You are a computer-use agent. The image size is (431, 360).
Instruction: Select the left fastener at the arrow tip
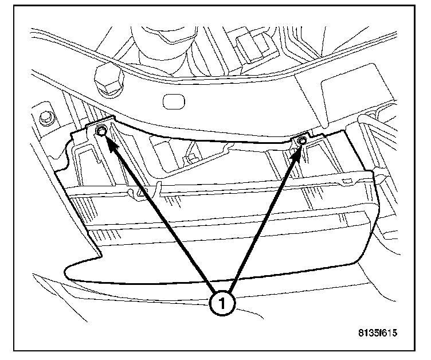(101, 132)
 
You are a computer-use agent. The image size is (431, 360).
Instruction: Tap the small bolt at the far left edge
(45, 119)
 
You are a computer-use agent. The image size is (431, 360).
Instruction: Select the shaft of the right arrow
(263, 221)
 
